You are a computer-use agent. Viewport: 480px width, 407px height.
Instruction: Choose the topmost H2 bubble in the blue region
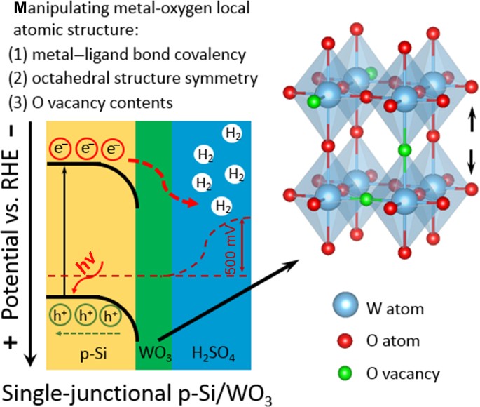pos(228,132)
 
